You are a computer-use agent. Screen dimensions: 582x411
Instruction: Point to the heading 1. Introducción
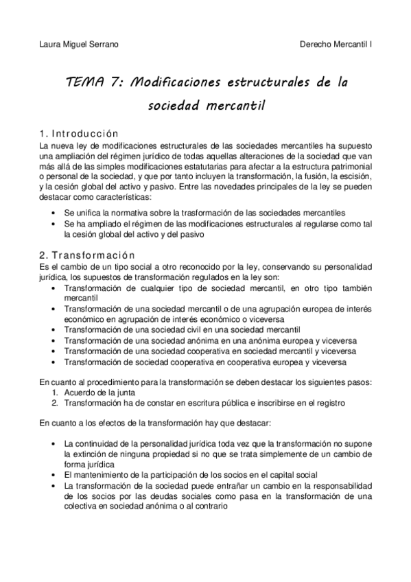pos(79,133)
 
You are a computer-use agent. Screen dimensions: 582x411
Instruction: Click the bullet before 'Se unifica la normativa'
pos(54,213)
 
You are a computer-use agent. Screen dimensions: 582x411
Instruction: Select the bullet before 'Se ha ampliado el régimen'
pos(54,224)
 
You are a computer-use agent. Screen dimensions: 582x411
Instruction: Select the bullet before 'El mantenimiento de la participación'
pos(54,474)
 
